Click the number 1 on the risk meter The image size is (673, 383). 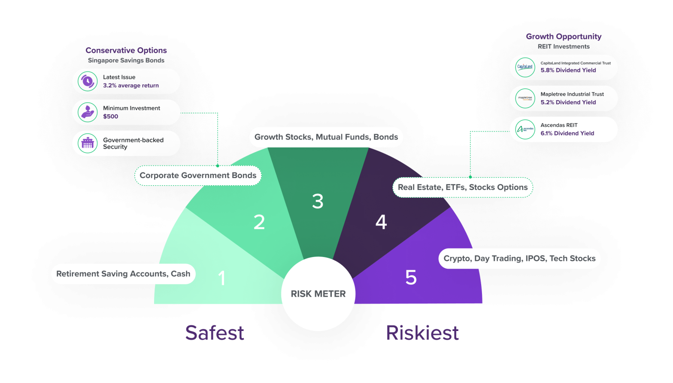pos(222,278)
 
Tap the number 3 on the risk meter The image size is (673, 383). pos(318,201)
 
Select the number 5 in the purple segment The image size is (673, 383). pos(411,277)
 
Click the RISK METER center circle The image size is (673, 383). pos(318,294)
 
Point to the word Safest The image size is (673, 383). pos(215,333)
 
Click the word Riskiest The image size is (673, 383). pos(422,333)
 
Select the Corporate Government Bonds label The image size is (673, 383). pos(198,175)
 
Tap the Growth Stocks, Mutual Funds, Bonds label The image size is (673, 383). pos(326,137)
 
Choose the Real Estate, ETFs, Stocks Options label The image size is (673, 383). pos(463,187)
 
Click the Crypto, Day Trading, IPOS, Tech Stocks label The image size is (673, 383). pos(519,258)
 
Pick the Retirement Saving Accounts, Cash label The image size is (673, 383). pos(123,274)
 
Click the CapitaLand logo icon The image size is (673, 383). pos(525,67)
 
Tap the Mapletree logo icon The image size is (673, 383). pos(525,98)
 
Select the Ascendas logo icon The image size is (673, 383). pos(525,129)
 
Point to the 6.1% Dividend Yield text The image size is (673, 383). pos(567,133)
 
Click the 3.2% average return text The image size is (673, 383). pos(131,86)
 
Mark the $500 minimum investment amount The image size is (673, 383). pos(111,116)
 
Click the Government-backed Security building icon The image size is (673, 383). pos(88,143)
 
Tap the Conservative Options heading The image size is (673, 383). pos(126,50)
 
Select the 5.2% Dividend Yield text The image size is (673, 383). pos(568,102)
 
